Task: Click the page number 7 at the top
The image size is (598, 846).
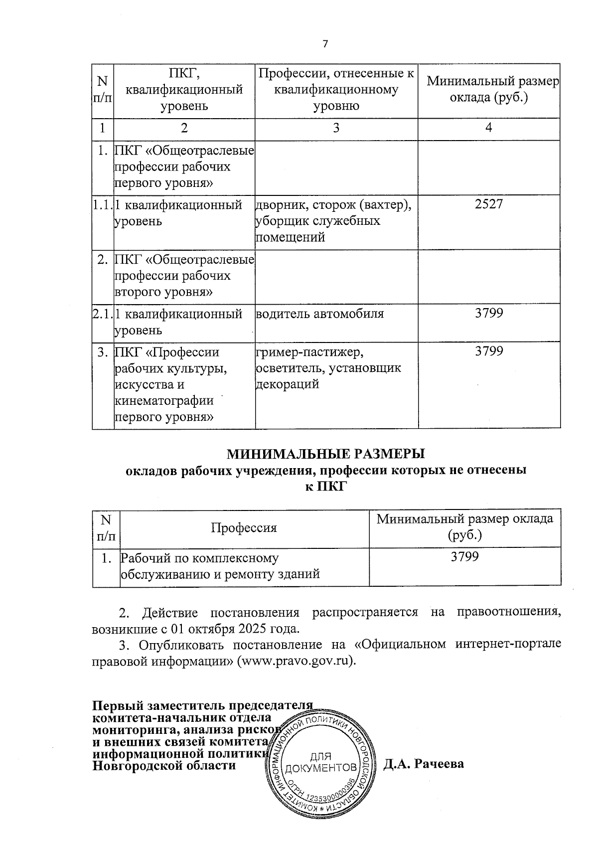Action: [x=325, y=44]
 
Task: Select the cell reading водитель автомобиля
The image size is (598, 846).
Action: [x=319, y=314]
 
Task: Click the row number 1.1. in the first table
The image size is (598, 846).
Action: [x=103, y=204]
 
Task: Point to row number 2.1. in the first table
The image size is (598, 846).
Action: [x=103, y=314]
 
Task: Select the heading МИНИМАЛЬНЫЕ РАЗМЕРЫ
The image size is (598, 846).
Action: [x=326, y=454]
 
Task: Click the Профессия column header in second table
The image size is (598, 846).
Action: [x=244, y=527]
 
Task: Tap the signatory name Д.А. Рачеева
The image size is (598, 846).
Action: [x=424, y=764]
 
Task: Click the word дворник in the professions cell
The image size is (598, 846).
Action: [x=276, y=204]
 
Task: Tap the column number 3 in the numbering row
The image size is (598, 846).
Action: [x=336, y=129]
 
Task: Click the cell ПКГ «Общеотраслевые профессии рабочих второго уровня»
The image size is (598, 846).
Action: [x=184, y=276]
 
